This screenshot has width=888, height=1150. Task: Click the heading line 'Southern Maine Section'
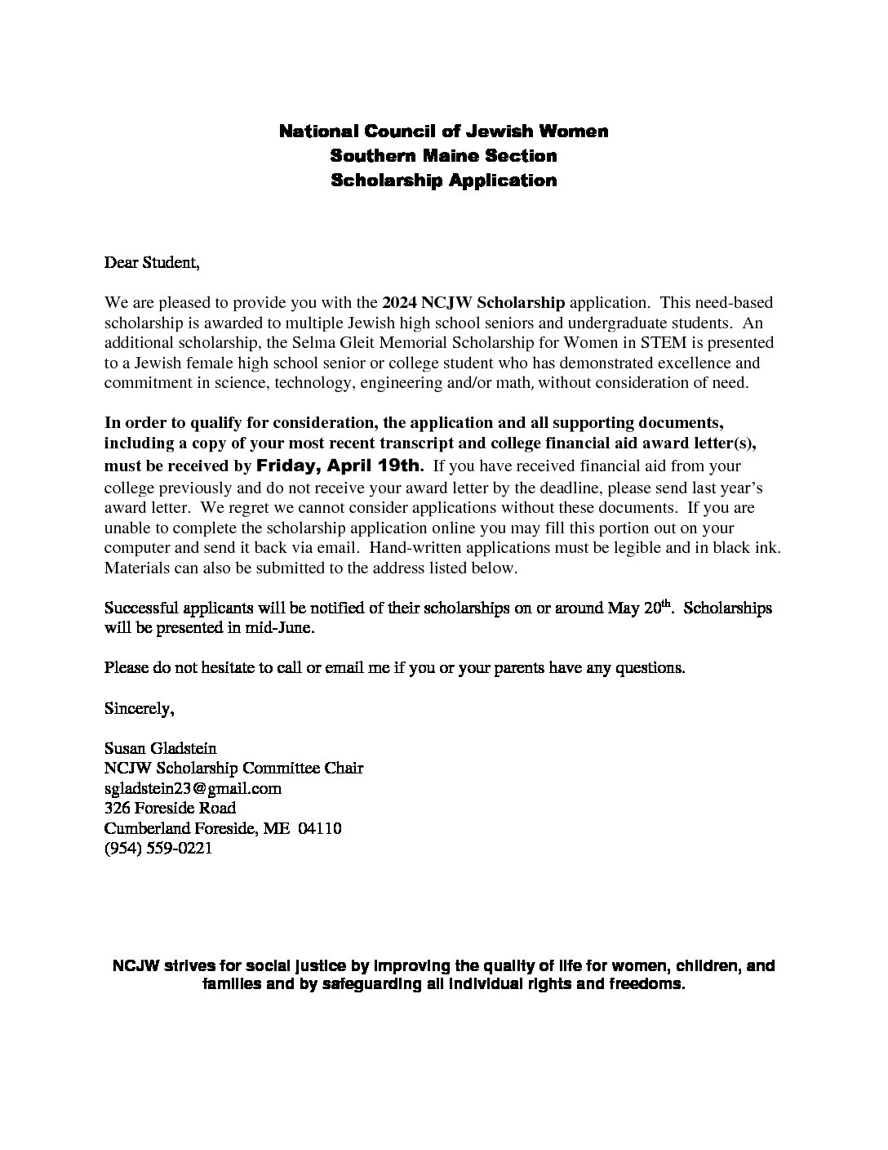(443, 155)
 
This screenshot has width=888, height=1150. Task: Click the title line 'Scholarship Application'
(443, 181)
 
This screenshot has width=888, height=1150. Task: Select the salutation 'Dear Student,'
(152, 263)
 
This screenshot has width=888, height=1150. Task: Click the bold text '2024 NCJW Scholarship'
(473, 303)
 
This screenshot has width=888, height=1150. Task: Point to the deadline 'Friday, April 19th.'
(340, 466)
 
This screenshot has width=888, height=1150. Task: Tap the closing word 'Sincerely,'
(140, 708)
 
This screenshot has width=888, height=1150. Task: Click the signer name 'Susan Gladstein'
(161, 747)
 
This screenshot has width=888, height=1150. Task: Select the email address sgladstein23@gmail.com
(193, 788)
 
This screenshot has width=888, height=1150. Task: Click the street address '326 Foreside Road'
(171, 808)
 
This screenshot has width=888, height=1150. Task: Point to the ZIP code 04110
(320, 828)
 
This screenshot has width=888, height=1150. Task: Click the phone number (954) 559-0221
(158, 848)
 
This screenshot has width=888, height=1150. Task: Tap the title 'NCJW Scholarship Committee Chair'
(234, 768)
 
